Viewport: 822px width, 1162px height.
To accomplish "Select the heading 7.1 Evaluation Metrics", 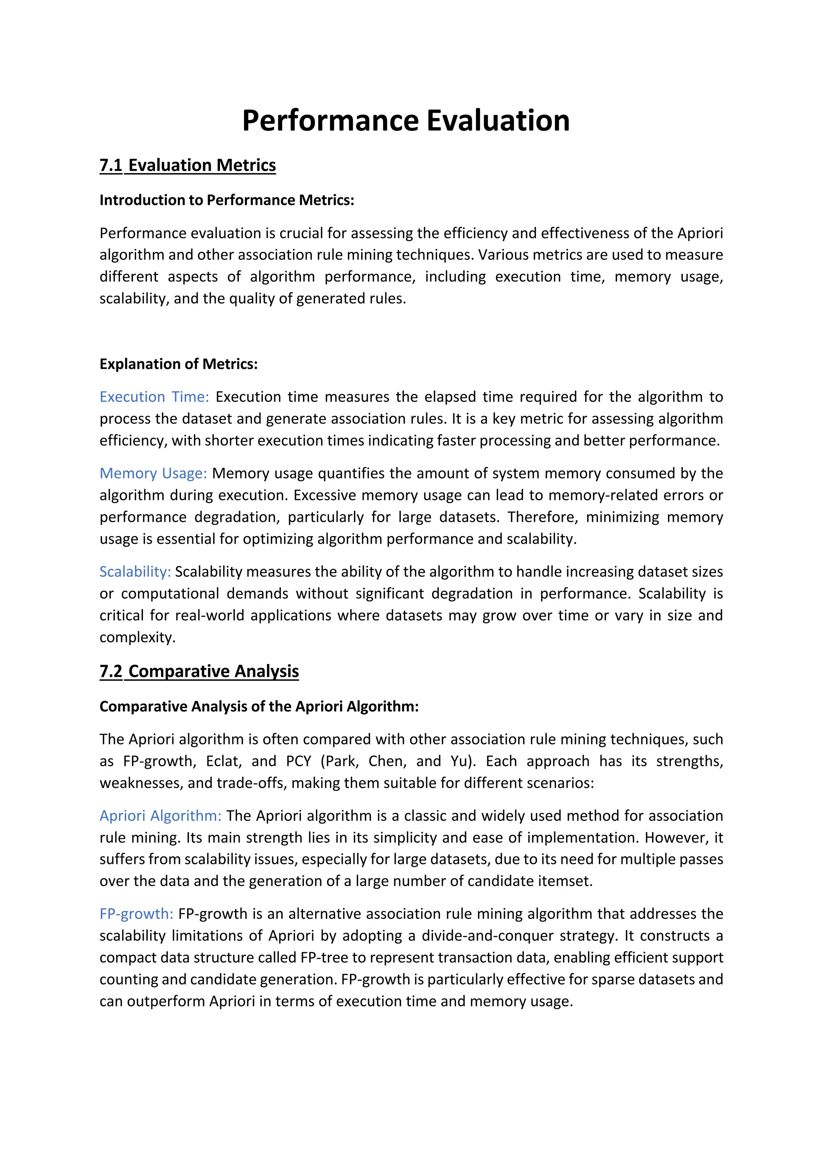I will point(187,166).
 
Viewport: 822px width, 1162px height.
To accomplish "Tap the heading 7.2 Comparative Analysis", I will point(199,671).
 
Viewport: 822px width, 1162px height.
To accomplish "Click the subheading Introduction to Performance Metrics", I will point(226,200).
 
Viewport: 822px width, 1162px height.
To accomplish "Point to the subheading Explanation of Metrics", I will point(178,364).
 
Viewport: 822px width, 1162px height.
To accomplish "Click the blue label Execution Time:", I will point(154,397).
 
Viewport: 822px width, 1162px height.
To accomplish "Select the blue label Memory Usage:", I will point(153,473).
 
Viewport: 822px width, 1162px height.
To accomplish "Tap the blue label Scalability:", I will point(135,571).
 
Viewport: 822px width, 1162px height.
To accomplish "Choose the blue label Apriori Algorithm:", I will point(160,816).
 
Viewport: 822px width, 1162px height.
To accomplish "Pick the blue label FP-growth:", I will point(136,914).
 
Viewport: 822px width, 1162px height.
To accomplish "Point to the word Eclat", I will point(222,761).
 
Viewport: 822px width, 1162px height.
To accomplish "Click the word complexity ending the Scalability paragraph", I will point(137,637).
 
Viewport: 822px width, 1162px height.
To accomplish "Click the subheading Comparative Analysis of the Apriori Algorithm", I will point(259,707).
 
